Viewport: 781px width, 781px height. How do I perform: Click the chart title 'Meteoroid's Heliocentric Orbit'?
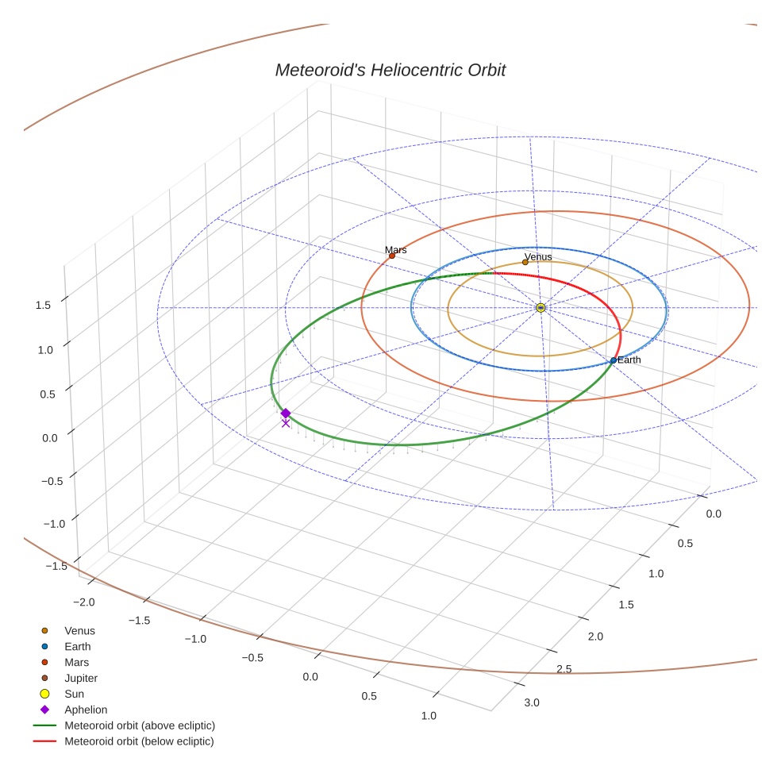pos(390,71)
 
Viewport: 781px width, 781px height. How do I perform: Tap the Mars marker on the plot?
pos(392,256)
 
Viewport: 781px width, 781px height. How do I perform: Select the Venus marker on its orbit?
pos(525,262)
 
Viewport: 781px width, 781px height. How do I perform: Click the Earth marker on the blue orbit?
pos(614,360)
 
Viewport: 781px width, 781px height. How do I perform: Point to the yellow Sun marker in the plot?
pos(541,307)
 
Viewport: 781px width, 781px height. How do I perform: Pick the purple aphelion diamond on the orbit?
pos(286,413)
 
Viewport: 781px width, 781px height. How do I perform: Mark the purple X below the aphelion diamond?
pos(286,423)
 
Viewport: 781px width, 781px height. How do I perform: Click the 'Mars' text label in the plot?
pos(396,250)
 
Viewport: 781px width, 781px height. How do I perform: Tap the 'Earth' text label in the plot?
pos(629,360)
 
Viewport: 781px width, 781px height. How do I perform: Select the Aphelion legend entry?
pos(86,710)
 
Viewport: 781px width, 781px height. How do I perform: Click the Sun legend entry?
pos(74,694)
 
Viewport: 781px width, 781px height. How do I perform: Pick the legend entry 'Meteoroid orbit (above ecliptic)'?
pos(140,725)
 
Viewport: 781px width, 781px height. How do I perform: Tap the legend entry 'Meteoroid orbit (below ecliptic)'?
pos(139,741)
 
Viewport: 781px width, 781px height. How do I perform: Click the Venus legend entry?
pos(79,630)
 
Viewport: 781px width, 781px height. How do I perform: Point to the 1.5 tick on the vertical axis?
pos(44,305)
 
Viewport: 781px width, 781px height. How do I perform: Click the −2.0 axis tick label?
pos(83,602)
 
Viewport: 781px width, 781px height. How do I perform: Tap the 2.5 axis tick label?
pos(564,669)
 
